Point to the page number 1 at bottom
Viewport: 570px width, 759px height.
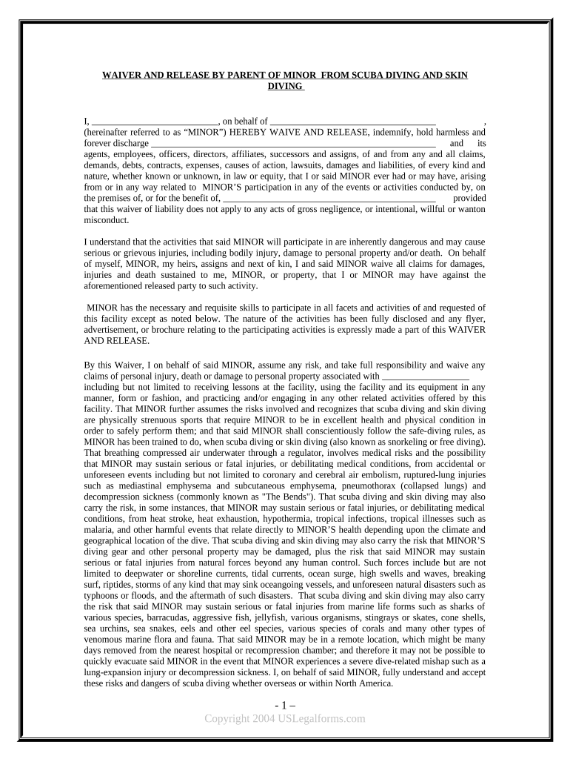point(285,704)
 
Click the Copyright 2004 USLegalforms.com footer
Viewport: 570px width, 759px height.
point(285,718)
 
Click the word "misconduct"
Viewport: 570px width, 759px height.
point(107,220)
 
